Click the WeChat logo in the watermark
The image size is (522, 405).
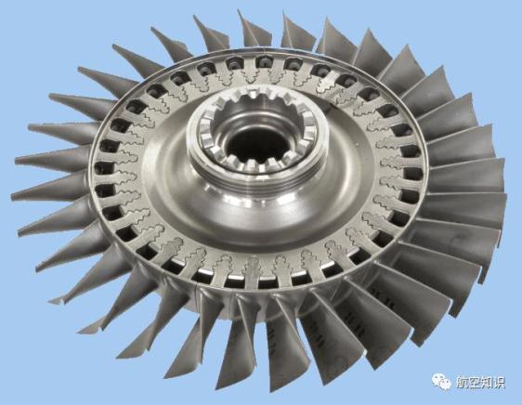pyautogui.click(x=441, y=381)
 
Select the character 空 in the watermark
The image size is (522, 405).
pyautogui.click(x=476, y=382)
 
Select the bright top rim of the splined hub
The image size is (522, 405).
pyautogui.click(x=257, y=100)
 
